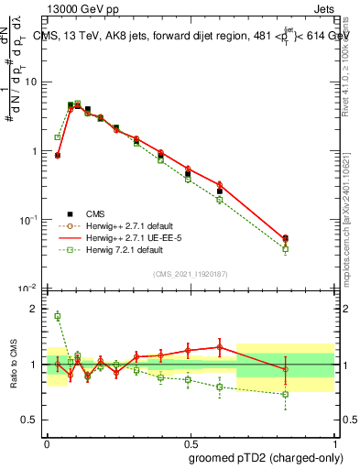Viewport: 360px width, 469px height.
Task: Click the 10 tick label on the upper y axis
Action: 30,82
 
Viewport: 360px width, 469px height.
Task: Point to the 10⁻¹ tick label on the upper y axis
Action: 28,220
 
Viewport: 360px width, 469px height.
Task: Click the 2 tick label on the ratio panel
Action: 36,310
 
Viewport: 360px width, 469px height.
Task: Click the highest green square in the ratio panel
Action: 57,316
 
